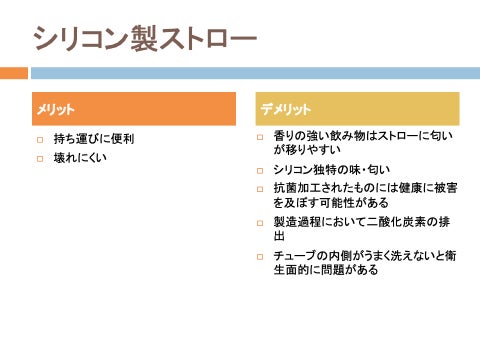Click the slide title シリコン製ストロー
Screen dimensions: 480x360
coord(145,38)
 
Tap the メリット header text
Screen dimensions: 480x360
coord(55,109)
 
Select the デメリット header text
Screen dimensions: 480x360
coord(285,109)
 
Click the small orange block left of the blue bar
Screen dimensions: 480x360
coord(14,73)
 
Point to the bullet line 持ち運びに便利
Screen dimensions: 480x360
coord(94,139)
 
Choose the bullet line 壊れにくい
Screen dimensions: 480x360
coord(80,158)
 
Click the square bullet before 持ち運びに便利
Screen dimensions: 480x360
coord(40,140)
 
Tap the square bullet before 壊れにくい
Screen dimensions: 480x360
coord(40,159)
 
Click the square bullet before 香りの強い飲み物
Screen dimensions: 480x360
coord(260,137)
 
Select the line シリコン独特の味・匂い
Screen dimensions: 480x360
coord(331,170)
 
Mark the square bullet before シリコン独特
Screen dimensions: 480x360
coord(260,171)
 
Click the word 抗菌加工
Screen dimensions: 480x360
coord(297,188)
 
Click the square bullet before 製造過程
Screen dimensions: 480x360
coord(260,223)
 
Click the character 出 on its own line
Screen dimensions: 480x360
coord(279,236)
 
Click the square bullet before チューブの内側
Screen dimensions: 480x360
coord(260,257)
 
